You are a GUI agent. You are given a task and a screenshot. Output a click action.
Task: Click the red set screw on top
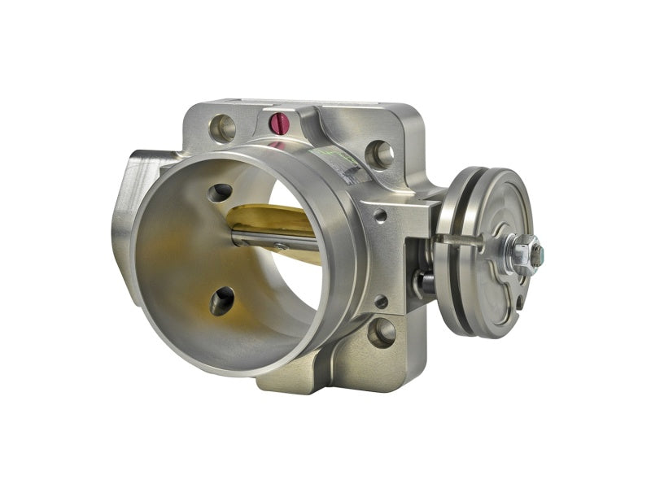[x=279, y=123]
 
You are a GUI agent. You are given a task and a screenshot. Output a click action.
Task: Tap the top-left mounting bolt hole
[x=222, y=127]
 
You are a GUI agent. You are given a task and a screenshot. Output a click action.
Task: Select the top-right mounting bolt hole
[x=379, y=154]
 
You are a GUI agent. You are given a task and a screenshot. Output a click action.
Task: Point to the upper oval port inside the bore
[x=219, y=193]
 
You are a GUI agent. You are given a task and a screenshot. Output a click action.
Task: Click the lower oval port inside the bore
[x=222, y=301]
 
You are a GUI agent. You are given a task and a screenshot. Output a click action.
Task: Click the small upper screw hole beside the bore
[x=380, y=216]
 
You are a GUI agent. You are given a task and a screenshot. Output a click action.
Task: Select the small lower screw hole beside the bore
[x=381, y=302]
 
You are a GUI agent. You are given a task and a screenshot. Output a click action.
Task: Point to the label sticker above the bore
[x=346, y=163]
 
